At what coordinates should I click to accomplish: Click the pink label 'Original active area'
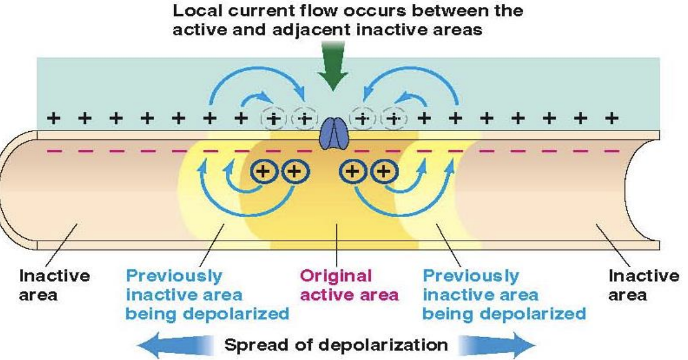(x=349, y=285)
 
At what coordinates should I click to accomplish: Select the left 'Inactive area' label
(x=55, y=285)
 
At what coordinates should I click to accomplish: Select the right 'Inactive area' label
(x=643, y=285)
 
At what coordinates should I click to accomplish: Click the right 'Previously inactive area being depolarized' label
(x=504, y=294)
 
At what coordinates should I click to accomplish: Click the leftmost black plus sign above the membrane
(x=54, y=119)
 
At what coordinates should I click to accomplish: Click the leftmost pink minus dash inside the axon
(x=55, y=151)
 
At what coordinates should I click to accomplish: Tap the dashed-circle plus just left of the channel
(x=305, y=119)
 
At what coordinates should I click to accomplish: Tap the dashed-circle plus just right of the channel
(x=361, y=119)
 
